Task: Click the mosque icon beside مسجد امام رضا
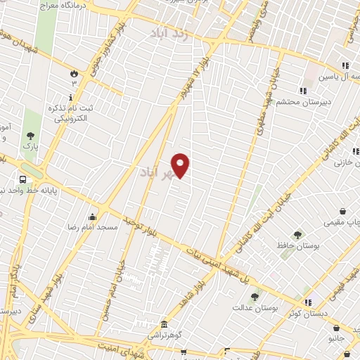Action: pyautogui.click(x=92, y=216)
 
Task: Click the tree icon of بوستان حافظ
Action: pyautogui.click(x=297, y=235)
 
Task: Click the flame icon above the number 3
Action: pyautogui.click(x=73, y=72)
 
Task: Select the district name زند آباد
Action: pyautogui.click(x=169, y=32)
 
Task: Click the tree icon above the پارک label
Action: pyautogui.click(x=30, y=136)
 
